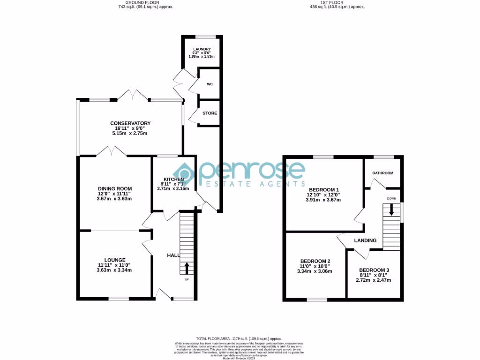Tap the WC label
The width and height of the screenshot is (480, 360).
210,85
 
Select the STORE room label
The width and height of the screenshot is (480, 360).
210,113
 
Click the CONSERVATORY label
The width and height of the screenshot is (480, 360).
130,123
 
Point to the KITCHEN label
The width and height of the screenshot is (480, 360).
173,179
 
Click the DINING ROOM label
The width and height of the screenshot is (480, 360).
114,188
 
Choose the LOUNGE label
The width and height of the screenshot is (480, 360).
114,260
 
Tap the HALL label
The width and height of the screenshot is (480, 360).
173,255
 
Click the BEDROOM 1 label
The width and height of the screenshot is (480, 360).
323,189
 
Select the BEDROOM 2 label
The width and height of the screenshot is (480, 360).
315,261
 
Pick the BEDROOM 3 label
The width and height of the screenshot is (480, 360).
374,270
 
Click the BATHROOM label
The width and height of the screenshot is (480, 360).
382,173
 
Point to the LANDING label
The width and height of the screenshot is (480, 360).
365,240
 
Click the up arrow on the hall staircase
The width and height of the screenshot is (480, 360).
187,268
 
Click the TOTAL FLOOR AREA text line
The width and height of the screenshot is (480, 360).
240,338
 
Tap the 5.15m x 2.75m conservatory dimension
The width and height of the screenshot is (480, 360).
130,134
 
